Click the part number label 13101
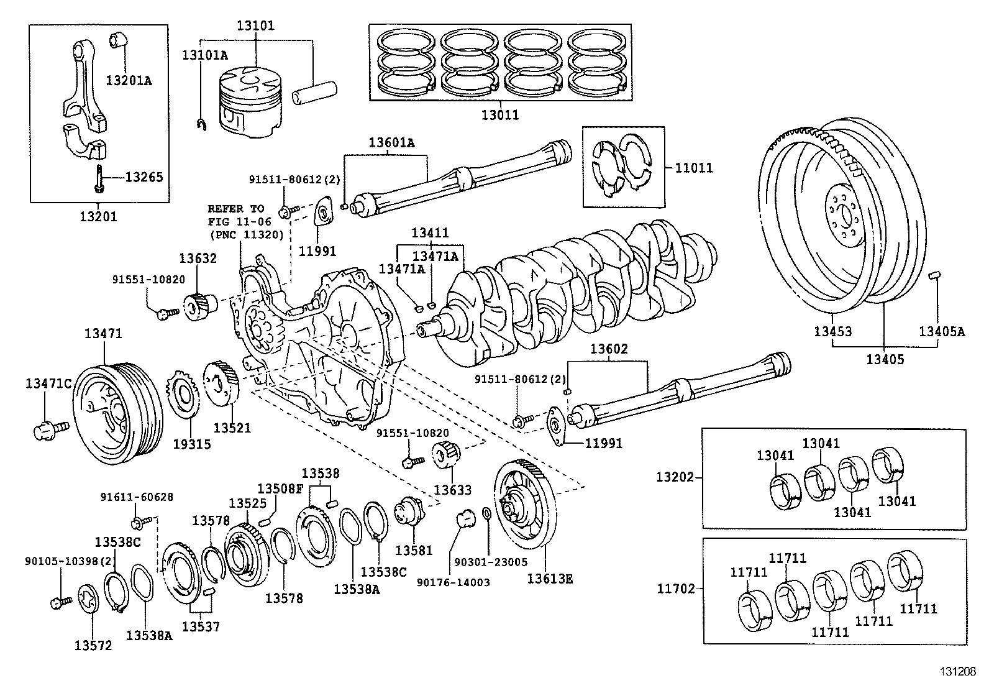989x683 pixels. (x=255, y=26)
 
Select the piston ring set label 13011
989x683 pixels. (x=499, y=115)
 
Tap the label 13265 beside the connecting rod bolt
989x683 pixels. (x=144, y=177)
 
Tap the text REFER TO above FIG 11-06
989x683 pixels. (x=235, y=209)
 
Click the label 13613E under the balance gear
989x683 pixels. (x=550, y=579)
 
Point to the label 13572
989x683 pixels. (x=93, y=646)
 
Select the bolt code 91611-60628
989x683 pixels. (x=137, y=497)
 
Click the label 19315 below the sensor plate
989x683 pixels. (x=192, y=444)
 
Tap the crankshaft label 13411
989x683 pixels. (x=430, y=233)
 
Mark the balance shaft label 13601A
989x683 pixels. (x=391, y=142)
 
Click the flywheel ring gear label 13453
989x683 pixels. (x=833, y=331)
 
